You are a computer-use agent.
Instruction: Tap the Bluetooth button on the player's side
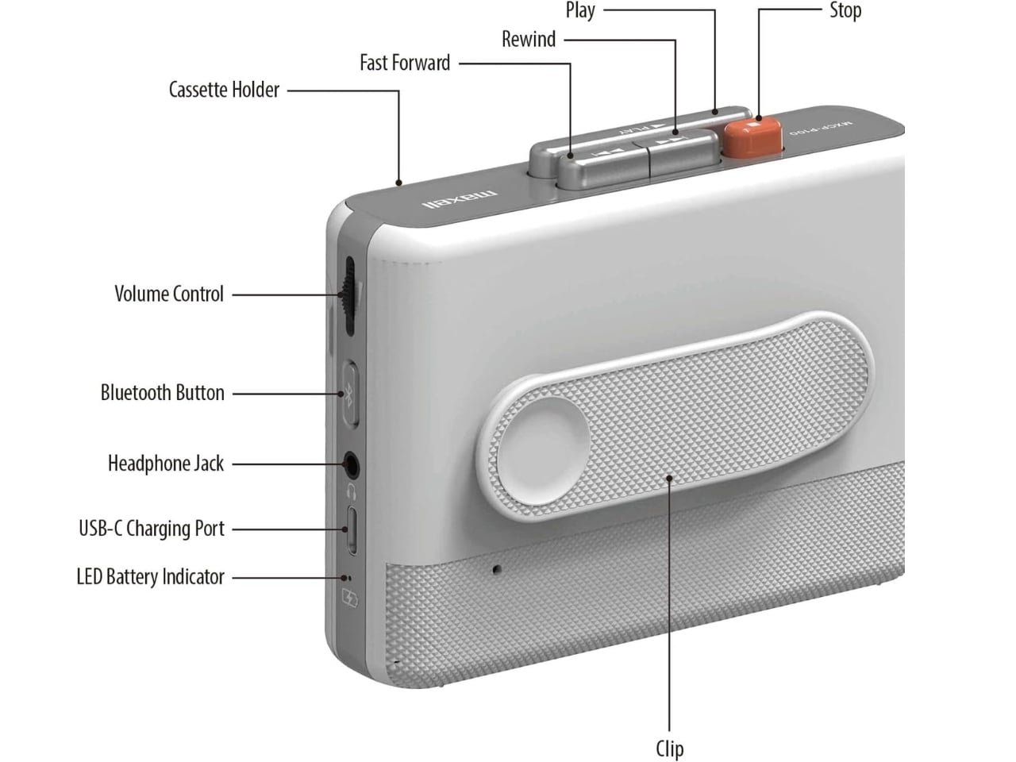coord(350,394)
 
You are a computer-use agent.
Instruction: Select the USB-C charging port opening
coord(352,529)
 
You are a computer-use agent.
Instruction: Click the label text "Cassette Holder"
coord(224,90)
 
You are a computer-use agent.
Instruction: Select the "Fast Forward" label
coord(405,63)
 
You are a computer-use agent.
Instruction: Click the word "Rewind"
coord(529,39)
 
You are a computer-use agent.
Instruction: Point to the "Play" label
coord(580,10)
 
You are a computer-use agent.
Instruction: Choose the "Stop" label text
coord(845,10)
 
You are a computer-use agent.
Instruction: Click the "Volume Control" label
coord(169,294)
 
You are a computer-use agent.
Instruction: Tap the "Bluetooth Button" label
coord(162,393)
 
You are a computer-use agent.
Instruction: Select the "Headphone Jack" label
coord(166,464)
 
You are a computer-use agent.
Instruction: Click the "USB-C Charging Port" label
coord(152,529)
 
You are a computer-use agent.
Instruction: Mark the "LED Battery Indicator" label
coord(150,577)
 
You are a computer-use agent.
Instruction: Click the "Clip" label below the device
coord(669,749)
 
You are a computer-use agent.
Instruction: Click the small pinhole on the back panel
coord(498,569)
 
